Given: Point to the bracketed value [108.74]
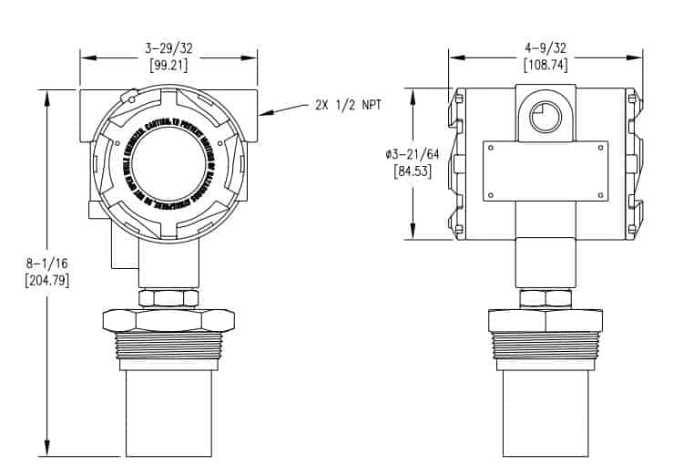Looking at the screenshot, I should point(544,65).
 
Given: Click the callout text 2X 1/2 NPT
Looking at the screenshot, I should point(347,105).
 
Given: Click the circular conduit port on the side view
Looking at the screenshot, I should point(545,117).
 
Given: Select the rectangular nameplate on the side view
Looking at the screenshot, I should point(545,171).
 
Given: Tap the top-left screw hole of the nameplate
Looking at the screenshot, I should point(490,147).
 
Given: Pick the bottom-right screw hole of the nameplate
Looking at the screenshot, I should point(599,194).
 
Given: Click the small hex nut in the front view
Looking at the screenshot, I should point(168,297).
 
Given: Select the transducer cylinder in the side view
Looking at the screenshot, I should point(545,411).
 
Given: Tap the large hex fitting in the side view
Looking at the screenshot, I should point(545,321).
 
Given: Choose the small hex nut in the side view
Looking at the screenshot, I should point(545,297).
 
